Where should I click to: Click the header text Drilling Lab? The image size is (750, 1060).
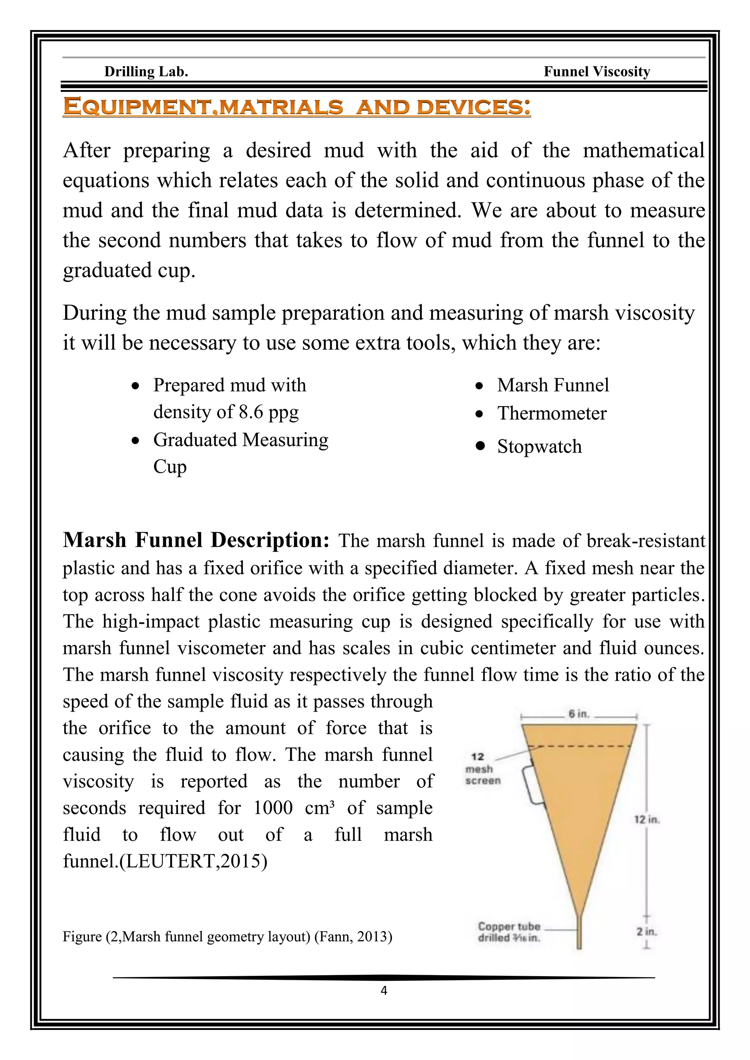[x=146, y=72]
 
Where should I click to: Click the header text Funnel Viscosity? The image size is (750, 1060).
[x=597, y=72]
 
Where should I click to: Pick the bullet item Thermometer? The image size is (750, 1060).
[x=552, y=413]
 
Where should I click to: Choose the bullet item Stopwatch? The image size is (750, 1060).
[x=539, y=447]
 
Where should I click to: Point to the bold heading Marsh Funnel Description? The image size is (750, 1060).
[x=196, y=540]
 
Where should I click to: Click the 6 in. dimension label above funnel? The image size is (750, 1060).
[x=579, y=714]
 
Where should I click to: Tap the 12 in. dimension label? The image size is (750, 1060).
[x=647, y=820]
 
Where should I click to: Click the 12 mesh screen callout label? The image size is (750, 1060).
[x=482, y=769]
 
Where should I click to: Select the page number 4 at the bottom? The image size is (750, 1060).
[x=384, y=990]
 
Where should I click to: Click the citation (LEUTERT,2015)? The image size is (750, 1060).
[x=193, y=862]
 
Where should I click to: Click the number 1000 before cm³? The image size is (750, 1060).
[x=273, y=808]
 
